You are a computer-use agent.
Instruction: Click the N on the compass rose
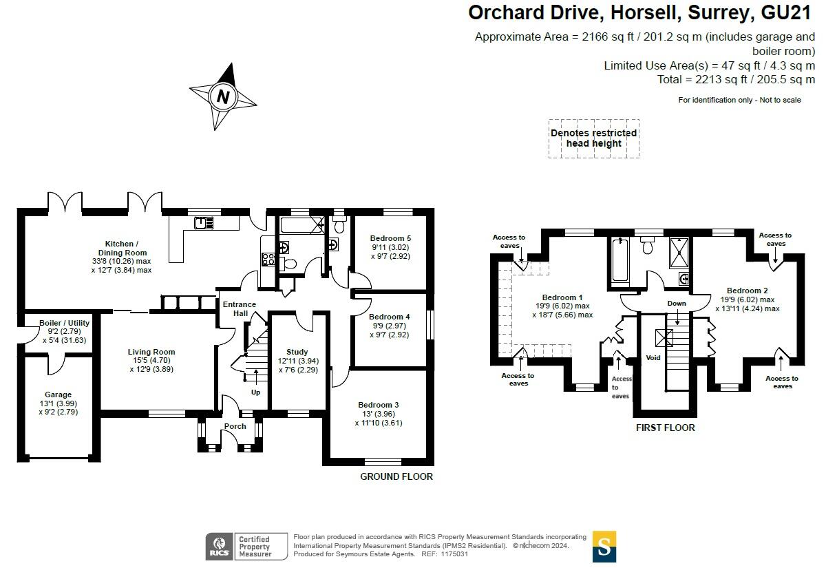[x=223, y=96]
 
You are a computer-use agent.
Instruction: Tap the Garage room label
[x=59, y=395]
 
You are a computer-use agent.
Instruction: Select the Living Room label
[x=151, y=352]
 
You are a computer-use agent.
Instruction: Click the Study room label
[x=297, y=352]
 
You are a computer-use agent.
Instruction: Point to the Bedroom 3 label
[x=379, y=405]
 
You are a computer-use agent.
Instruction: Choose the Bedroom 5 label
[x=390, y=238]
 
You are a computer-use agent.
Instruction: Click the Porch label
[x=235, y=426]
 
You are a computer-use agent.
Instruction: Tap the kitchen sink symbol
[x=204, y=223]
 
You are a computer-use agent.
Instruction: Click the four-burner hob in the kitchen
[x=268, y=259]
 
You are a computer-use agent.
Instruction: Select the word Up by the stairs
[x=255, y=392]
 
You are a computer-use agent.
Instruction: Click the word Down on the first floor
[x=677, y=304]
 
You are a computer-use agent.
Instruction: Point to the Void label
[x=653, y=358]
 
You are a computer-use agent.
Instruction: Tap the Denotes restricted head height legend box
[x=593, y=138]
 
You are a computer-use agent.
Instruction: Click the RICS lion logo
[x=220, y=547]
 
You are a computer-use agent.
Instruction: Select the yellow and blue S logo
[x=604, y=547]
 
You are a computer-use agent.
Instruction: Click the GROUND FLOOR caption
[x=396, y=477]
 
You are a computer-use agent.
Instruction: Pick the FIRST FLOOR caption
[x=665, y=428]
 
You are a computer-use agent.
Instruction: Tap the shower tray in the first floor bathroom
[x=679, y=253]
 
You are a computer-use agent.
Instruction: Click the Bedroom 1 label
[x=562, y=297]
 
